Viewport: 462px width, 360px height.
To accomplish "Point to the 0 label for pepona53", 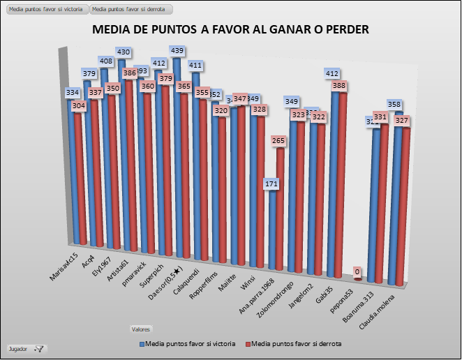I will [x=357, y=271].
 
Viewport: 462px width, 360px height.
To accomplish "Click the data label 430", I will [x=124, y=52].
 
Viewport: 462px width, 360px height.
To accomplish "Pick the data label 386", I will [x=129, y=73].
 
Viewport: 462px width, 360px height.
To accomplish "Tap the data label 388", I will [x=339, y=86].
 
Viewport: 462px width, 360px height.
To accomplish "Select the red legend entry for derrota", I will [x=297, y=343].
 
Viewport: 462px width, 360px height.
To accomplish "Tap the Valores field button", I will [x=141, y=328].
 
